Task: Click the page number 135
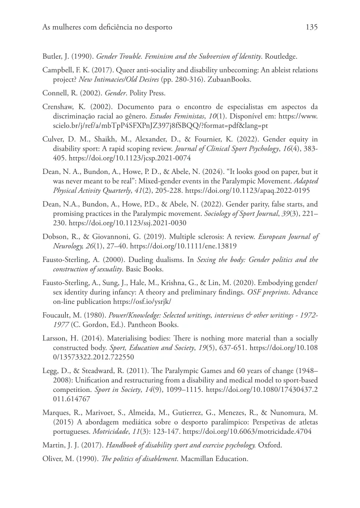(311, 27)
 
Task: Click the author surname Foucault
(58, 315)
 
